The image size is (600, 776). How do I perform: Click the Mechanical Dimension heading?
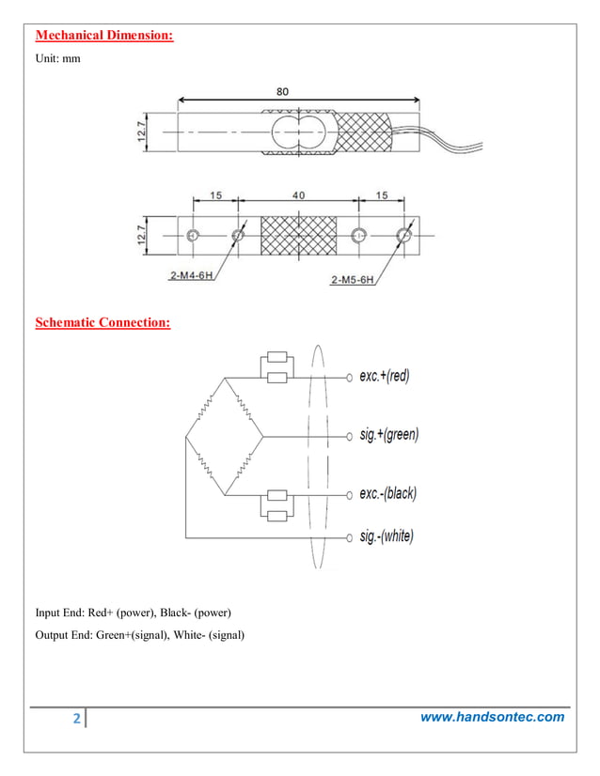(104, 37)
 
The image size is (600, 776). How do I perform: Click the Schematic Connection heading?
(103, 323)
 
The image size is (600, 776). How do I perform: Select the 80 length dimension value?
(282, 91)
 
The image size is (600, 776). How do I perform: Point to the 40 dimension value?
(298, 196)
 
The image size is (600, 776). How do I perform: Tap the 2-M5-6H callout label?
(353, 279)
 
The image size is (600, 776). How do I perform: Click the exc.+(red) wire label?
(385, 376)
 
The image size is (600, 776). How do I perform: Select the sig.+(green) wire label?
(388, 436)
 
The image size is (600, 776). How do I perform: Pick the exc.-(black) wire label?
(387, 493)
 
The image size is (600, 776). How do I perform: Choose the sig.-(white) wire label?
(386, 537)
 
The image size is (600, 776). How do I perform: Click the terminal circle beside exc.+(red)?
(346, 377)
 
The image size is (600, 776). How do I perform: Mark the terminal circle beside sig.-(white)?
(346, 537)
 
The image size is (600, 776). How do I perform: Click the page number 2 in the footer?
(76, 720)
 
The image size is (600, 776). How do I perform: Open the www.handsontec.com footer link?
(492, 717)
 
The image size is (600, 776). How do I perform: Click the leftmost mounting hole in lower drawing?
(193, 235)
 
